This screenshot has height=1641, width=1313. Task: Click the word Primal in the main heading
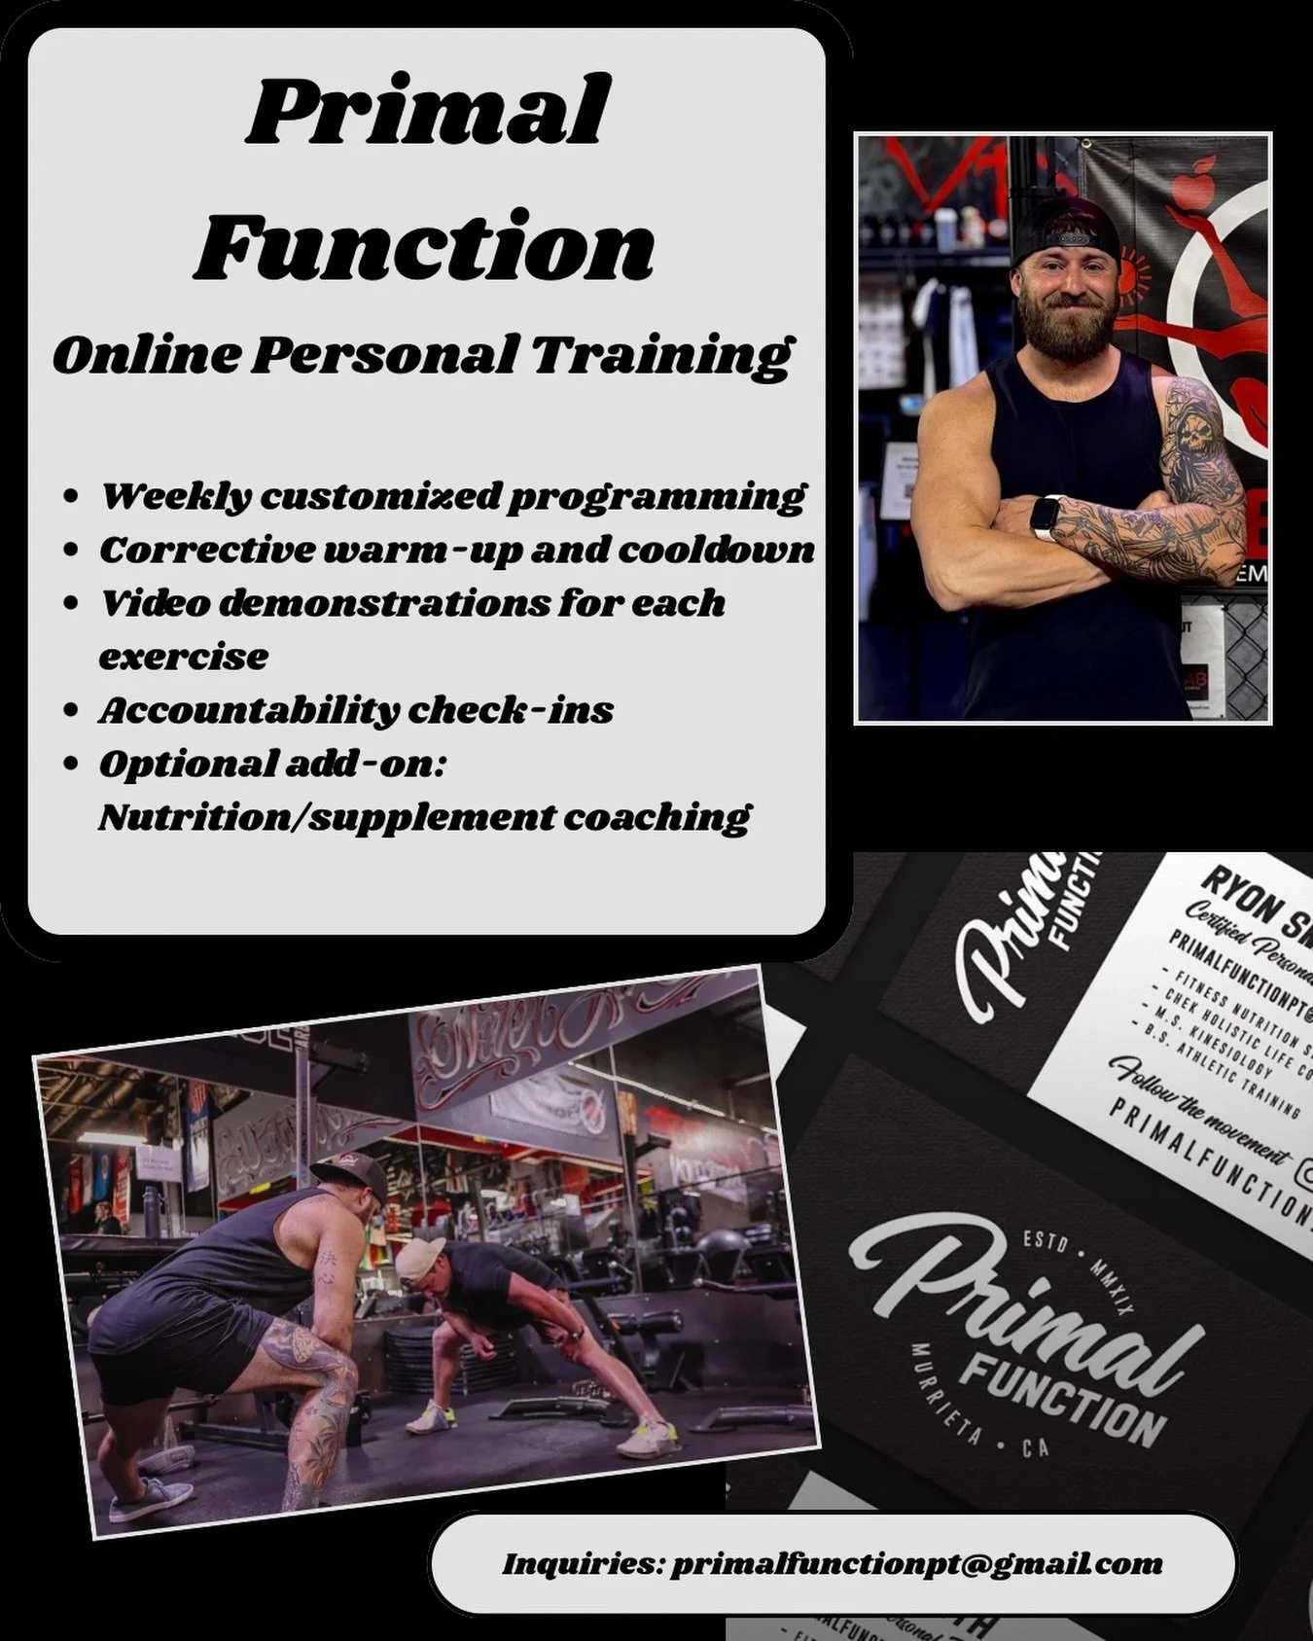click(x=428, y=112)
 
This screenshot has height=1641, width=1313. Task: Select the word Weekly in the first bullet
click(x=176, y=496)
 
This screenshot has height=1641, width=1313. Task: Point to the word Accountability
click(x=248, y=710)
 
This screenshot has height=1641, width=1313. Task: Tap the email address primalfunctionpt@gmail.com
click(x=916, y=1564)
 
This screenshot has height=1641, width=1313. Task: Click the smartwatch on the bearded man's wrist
click(x=1045, y=517)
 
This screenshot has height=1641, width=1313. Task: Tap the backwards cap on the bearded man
click(x=1067, y=231)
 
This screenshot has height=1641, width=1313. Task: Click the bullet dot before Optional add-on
click(x=70, y=765)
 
